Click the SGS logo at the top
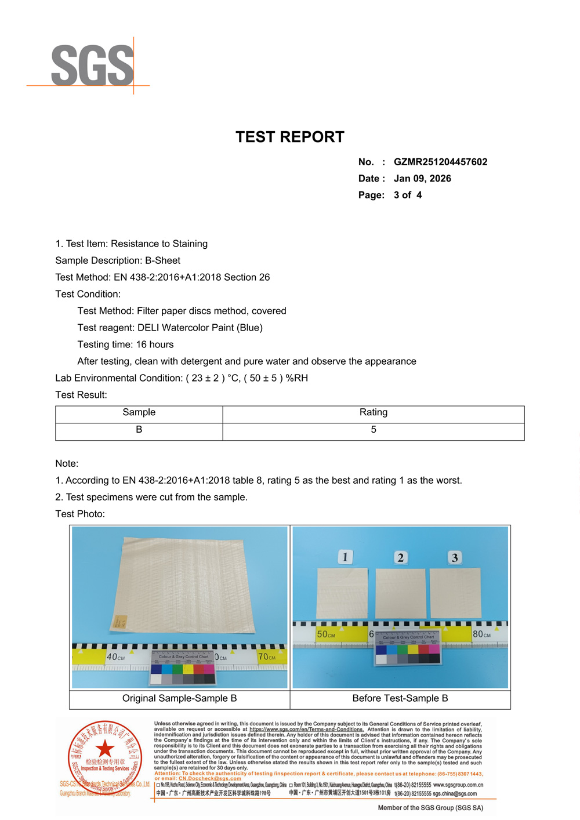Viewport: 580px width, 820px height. click(93, 66)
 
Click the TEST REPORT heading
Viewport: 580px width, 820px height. click(290, 137)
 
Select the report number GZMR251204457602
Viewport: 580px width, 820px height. click(440, 162)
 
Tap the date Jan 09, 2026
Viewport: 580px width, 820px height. click(422, 179)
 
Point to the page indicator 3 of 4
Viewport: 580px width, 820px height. click(408, 195)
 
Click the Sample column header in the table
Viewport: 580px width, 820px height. click(139, 412)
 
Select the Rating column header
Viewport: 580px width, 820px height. click(373, 412)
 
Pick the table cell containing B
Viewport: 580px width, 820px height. click(139, 430)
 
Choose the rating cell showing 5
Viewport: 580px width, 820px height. click(373, 430)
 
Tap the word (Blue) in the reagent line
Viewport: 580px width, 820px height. click(249, 328)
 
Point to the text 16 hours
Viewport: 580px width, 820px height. click(155, 344)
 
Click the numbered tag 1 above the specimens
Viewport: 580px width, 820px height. click(345, 557)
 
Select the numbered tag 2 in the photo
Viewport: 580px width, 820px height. click(400, 558)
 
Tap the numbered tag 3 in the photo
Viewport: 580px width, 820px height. click(455, 558)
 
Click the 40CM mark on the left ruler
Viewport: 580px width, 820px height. click(115, 657)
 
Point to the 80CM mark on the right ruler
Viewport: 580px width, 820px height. click(481, 634)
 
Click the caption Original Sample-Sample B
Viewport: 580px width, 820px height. click(179, 698)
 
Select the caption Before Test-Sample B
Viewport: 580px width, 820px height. click(400, 698)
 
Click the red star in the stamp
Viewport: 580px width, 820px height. click(105, 749)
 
